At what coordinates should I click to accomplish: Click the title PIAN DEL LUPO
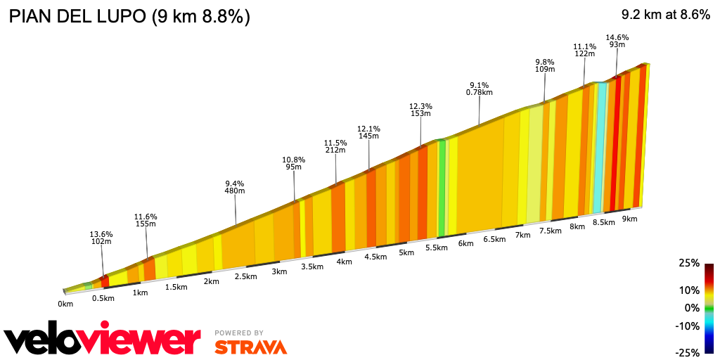coord(129,16)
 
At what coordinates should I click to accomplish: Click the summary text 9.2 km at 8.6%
coord(665,15)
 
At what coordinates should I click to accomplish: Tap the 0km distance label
coord(65,304)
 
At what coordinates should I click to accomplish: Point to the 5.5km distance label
coord(437,247)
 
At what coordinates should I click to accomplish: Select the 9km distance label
coord(629,219)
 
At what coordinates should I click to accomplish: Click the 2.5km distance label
coord(245,276)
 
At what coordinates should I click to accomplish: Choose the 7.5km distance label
coord(550,231)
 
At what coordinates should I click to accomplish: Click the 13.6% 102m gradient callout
coord(101,238)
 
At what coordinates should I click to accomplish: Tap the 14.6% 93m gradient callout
coord(617,41)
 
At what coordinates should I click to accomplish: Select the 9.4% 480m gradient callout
coord(234,186)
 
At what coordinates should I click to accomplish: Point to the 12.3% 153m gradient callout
coord(420,109)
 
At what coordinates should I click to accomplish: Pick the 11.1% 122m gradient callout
coord(584,50)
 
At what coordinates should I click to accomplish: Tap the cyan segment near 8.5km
coord(598,148)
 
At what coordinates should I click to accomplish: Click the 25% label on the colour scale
coord(690,263)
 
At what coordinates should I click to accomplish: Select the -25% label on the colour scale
coord(688,352)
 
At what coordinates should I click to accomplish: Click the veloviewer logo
coord(103,340)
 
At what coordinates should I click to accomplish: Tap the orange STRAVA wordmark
coord(250,347)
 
